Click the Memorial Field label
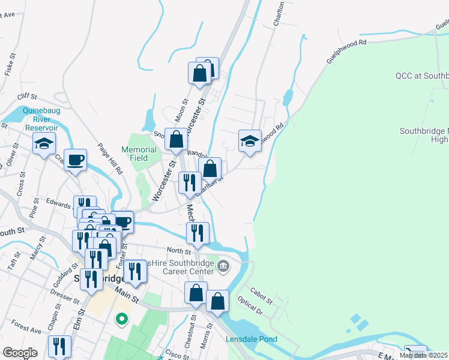coord(139,154)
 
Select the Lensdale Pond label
coord(252,340)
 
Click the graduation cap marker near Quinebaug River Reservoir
coord(44,144)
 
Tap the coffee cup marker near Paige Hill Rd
coord(75,160)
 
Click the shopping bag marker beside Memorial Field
coord(176,140)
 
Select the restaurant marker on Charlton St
coord(190,183)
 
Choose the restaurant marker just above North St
coord(198,233)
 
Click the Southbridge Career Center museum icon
coord(223,265)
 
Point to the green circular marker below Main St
coord(122,319)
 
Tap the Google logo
coord(20,353)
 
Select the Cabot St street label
coord(261,295)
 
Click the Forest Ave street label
coord(26,329)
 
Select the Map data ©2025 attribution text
coord(424,355)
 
